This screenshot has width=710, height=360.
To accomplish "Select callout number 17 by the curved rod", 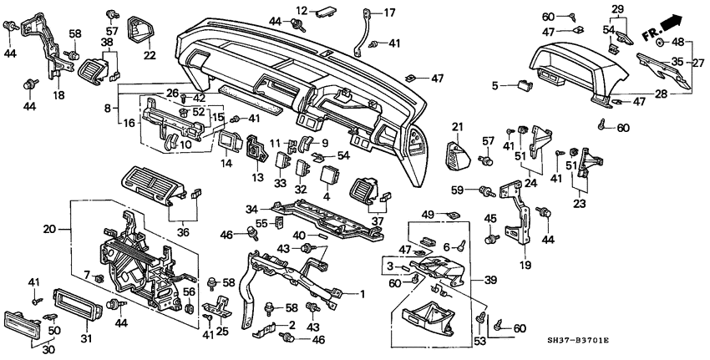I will coord(389,12).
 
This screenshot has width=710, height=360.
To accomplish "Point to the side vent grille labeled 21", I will coord(459,156).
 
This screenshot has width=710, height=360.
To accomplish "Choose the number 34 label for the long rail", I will coord(251,208).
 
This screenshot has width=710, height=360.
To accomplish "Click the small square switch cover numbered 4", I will coord(329,178).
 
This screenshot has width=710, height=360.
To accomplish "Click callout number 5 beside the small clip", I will coord(495,84).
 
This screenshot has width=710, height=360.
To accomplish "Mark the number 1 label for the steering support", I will coord(363,293).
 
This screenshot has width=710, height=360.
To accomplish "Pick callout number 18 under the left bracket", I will coord(58,95).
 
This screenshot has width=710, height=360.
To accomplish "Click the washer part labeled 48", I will coord(659,41).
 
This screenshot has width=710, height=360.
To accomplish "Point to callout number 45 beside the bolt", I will coord(491,219).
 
